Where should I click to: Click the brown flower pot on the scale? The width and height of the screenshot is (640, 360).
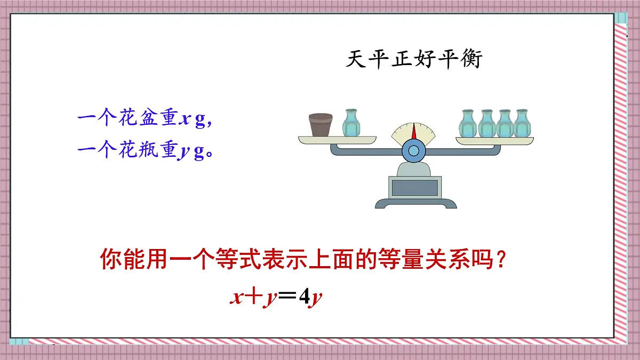(x=321, y=125)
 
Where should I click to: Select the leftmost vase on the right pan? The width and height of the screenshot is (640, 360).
(x=467, y=123)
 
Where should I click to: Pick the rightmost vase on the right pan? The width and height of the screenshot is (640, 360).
(x=521, y=123)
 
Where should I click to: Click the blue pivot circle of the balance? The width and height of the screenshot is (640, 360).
(x=414, y=151)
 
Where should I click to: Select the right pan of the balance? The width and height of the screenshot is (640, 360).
(x=494, y=141)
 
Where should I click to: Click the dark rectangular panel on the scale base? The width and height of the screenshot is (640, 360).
(x=414, y=187)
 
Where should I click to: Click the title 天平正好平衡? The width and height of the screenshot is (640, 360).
(x=414, y=59)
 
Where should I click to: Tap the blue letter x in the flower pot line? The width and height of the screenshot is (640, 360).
(x=184, y=120)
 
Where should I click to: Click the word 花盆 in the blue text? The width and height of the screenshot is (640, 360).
(x=135, y=119)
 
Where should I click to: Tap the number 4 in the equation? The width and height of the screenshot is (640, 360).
(x=305, y=298)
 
